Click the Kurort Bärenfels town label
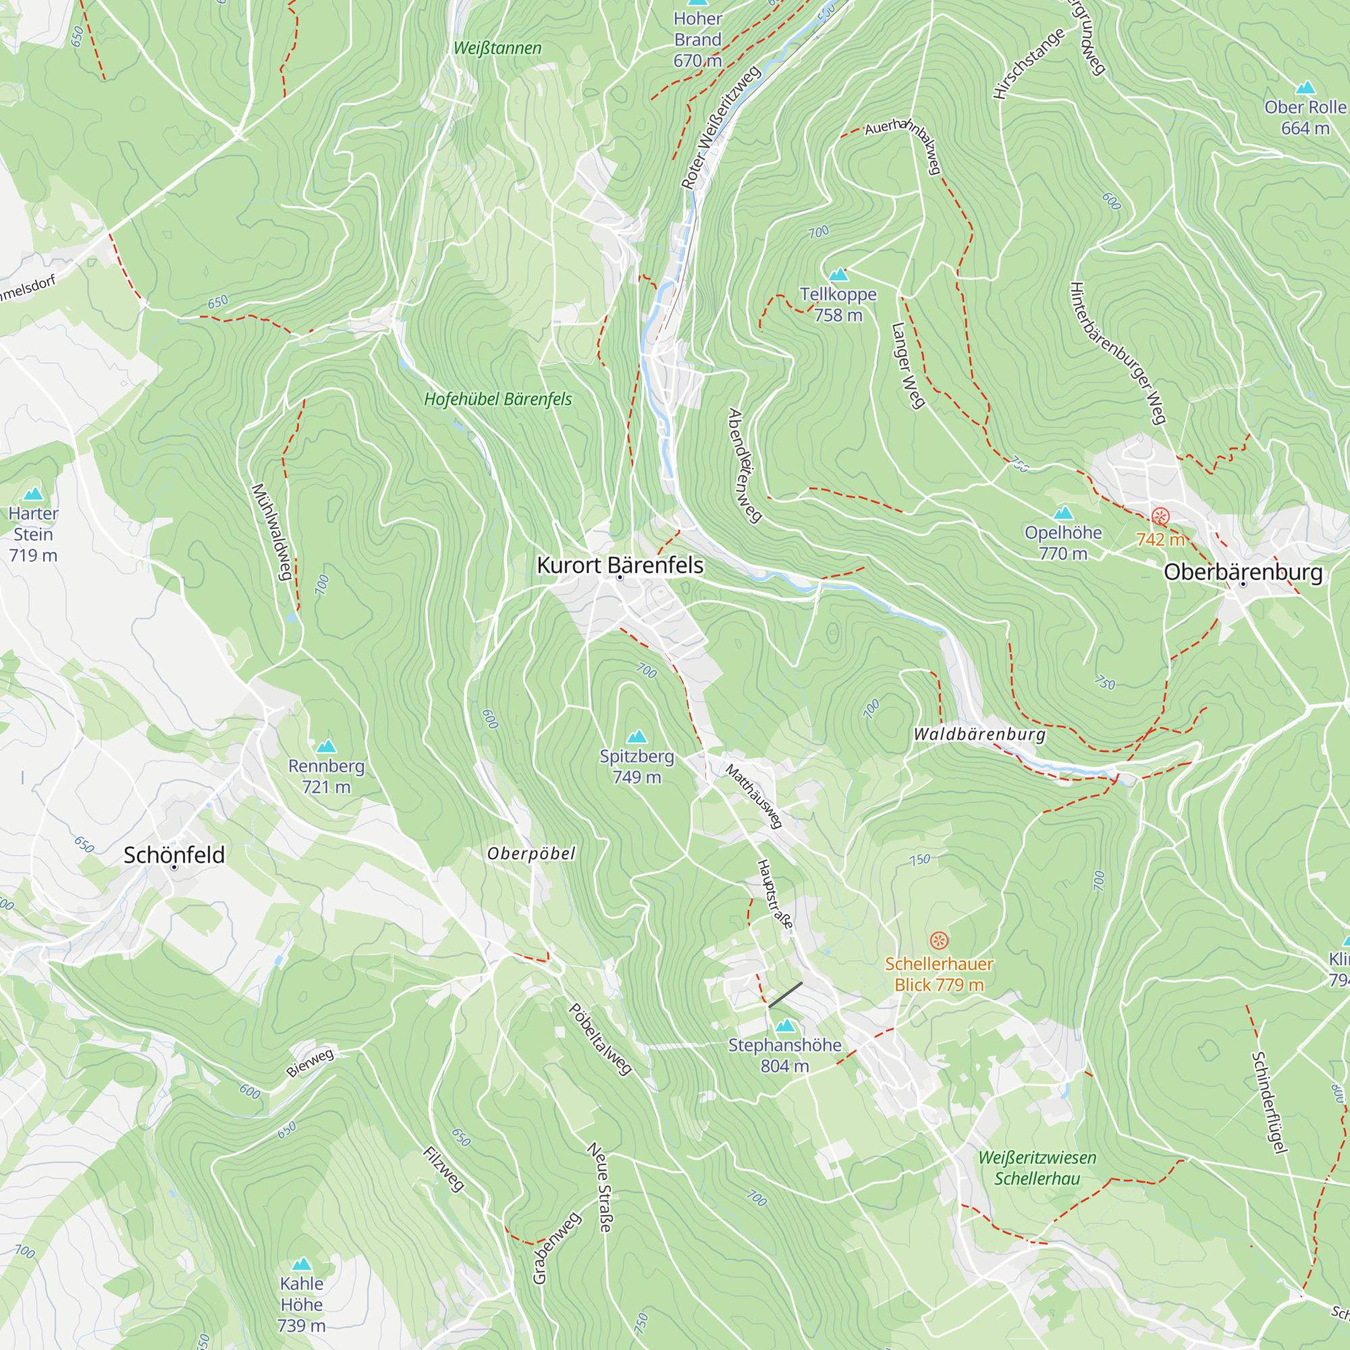pyautogui.click(x=620, y=565)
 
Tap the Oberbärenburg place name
pyautogui.click(x=1243, y=572)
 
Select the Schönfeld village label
pyautogui.click(x=174, y=855)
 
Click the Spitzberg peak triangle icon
pyautogui.click(x=637, y=737)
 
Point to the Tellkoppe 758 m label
pyautogui.click(x=838, y=304)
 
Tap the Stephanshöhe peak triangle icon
pyautogui.click(x=786, y=1026)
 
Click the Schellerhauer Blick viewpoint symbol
pyautogui.click(x=939, y=940)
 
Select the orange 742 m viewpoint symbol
pyautogui.click(x=1160, y=518)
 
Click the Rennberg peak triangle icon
pyautogui.click(x=326, y=747)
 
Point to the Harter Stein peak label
pyautogui.click(x=33, y=535)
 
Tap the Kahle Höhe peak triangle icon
pyautogui.click(x=301, y=1264)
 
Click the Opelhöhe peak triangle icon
pyautogui.click(x=1063, y=514)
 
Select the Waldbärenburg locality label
pyautogui.click(x=979, y=734)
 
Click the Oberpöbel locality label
pyautogui.click(x=531, y=854)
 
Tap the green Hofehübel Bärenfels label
pyautogui.click(x=497, y=400)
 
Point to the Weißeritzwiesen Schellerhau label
pyautogui.click(x=1037, y=1168)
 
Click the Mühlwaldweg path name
pyautogui.click(x=271, y=531)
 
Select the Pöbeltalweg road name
pyautogui.click(x=600, y=1039)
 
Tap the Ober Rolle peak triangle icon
pyautogui.click(x=1305, y=88)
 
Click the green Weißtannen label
pyautogui.click(x=497, y=48)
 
